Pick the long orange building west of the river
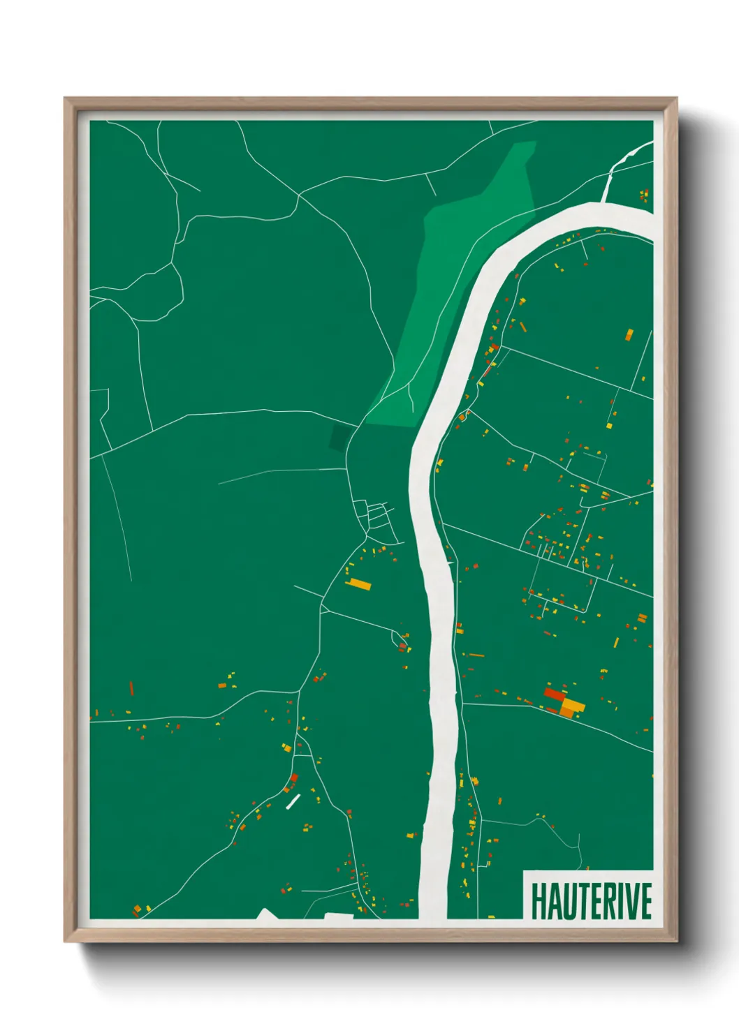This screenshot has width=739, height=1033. pos(359,584)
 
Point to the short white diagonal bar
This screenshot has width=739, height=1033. pos(293,801)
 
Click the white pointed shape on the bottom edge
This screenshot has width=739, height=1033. pos(265,914)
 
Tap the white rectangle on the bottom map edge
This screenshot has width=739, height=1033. pos(339,916)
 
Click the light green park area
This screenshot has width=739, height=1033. pos(461,279)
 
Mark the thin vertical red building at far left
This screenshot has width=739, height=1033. pos(131,688)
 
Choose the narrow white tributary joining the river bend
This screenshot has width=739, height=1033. pos(615,174)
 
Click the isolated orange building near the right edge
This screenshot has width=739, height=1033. pos(628,334)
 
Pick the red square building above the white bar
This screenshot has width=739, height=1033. pos(294,778)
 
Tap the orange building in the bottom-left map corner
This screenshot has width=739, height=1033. pos(137,910)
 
